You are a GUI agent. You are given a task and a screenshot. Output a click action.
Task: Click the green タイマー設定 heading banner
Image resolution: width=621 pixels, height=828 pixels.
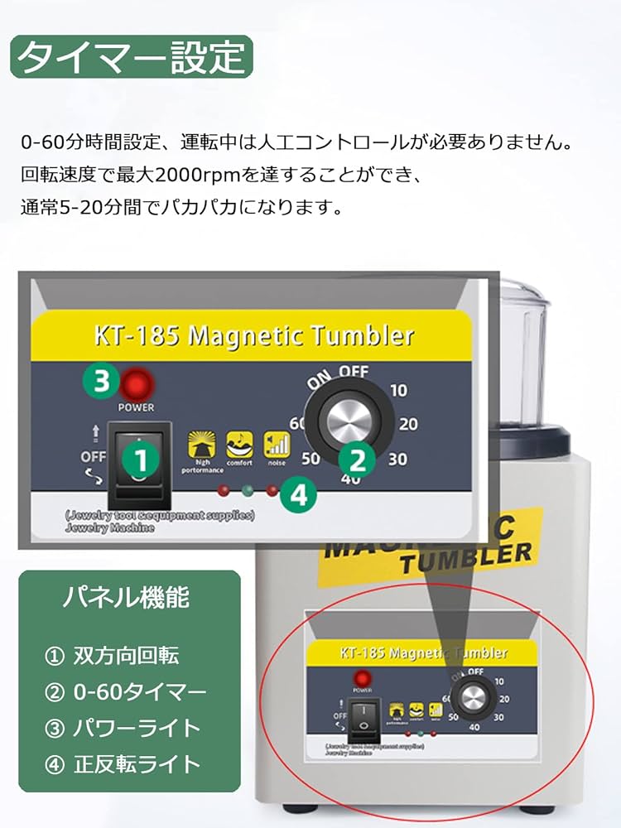(x=132, y=57)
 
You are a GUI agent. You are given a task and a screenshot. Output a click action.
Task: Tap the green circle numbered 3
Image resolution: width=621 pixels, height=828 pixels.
(x=101, y=382)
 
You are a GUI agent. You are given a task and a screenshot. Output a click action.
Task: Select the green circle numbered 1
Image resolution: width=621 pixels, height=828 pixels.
(x=141, y=459)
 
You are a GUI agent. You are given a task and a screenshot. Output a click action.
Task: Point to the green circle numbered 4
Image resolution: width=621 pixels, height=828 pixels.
(x=298, y=495)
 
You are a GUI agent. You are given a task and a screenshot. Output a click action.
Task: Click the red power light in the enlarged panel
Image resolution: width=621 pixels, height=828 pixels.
(x=137, y=384)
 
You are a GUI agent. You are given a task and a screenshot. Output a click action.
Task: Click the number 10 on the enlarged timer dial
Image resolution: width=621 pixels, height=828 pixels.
(x=398, y=389)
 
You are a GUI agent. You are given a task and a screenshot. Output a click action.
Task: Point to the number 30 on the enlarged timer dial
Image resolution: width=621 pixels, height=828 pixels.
(x=397, y=460)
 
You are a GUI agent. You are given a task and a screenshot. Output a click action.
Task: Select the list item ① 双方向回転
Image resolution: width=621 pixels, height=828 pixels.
(x=111, y=656)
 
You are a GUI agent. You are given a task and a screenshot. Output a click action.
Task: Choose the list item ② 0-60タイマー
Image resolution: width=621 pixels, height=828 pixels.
(x=125, y=691)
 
